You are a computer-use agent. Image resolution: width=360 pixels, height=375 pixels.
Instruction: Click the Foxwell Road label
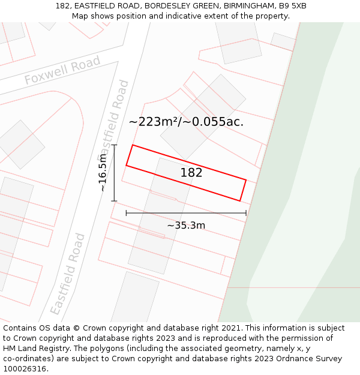click(62, 71)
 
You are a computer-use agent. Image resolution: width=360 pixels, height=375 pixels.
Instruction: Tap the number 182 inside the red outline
click(191, 173)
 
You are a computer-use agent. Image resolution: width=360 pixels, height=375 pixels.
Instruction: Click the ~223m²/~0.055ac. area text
click(186, 122)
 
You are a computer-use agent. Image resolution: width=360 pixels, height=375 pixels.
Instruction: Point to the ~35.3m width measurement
click(186, 226)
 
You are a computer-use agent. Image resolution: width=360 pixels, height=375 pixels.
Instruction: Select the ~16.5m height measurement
click(103, 173)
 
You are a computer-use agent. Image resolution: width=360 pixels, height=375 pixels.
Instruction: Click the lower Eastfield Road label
click(68, 274)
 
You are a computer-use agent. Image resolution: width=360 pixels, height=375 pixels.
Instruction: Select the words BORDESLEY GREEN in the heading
click(178, 6)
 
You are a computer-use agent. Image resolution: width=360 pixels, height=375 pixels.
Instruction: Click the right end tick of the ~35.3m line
click(246, 213)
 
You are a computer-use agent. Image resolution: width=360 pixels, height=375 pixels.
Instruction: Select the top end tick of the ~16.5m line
click(114, 145)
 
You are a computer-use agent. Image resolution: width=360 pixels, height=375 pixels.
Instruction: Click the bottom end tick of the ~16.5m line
click(114, 201)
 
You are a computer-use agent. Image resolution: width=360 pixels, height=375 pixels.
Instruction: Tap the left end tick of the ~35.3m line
click(126, 213)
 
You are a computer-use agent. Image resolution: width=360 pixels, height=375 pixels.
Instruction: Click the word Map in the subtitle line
click(80, 16)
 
